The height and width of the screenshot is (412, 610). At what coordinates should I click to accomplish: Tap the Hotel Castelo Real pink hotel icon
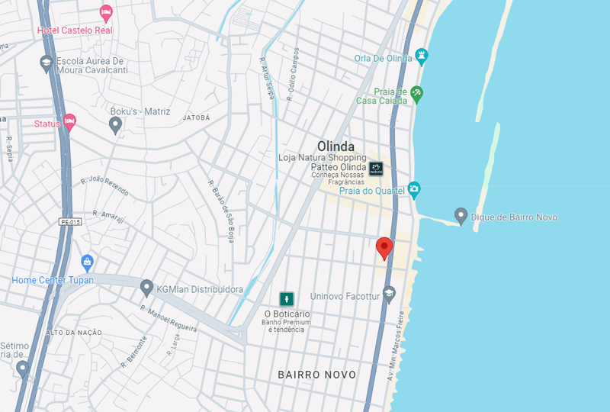pos(106,14)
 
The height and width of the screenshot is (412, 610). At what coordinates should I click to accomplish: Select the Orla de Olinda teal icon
pos(422,57)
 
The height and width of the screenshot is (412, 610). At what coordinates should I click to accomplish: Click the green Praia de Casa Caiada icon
pos(416,94)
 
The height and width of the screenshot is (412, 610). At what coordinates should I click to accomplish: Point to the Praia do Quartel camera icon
pos(414,188)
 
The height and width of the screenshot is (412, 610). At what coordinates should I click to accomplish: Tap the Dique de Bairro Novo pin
pos(461,216)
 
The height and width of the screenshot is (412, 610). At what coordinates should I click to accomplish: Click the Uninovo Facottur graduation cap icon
pos(389,293)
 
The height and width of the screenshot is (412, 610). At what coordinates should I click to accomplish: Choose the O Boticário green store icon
pos(287,299)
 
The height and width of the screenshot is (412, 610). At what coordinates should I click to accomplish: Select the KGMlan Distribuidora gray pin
pos(147,288)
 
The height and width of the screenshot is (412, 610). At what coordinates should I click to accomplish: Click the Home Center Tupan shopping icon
pos(87,263)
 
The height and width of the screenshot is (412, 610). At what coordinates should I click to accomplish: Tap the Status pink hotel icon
pos(69,121)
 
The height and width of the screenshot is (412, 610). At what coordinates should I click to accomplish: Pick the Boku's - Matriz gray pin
pos(116,124)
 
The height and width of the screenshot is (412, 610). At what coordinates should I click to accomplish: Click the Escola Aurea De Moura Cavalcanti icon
pos(47,63)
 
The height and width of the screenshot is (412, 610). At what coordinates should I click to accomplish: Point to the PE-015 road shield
pos(67,222)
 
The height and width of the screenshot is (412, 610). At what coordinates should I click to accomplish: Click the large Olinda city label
pos(335,146)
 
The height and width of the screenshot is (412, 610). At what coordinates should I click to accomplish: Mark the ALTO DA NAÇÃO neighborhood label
pos(75,333)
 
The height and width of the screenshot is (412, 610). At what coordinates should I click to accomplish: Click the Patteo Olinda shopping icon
pos(376,169)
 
